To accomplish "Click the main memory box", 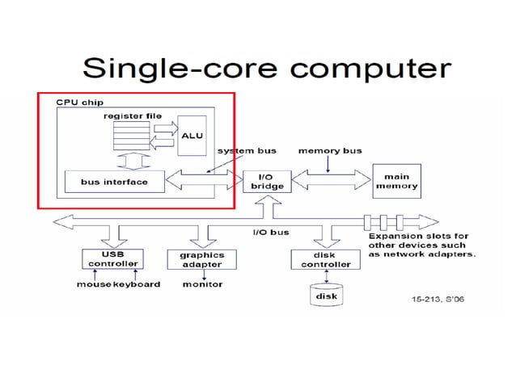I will pyautogui.click(x=396, y=182).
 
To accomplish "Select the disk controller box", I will pyautogui.click(x=320, y=259).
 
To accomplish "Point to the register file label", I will pyautogui.click(x=133, y=115).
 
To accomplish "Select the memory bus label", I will pyautogui.click(x=330, y=151).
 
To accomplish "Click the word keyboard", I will pyautogui.click(x=137, y=284).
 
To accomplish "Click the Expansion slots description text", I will pyautogui.click(x=421, y=245).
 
